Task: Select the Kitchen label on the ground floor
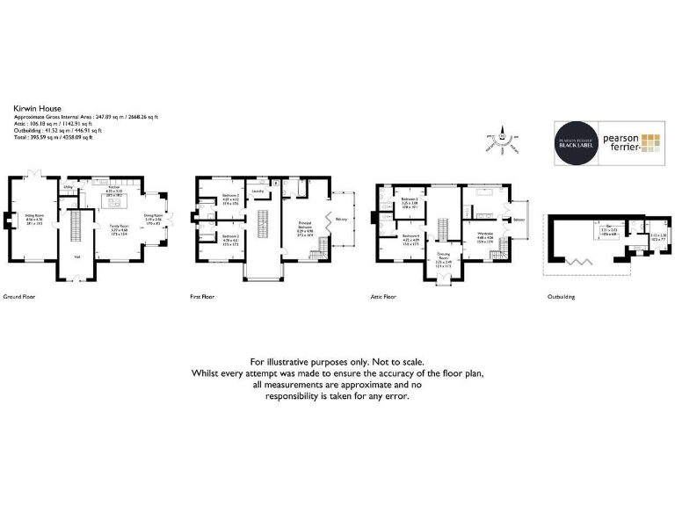click(112, 187)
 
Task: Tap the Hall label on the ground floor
click(76, 257)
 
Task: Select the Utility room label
click(68, 187)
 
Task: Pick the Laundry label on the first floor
click(258, 191)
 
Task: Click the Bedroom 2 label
click(230, 236)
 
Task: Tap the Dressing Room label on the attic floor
click(443, 255)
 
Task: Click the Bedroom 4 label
click(410, 236)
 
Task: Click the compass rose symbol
click(502, 140)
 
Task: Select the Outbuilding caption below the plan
click(561, 297)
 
